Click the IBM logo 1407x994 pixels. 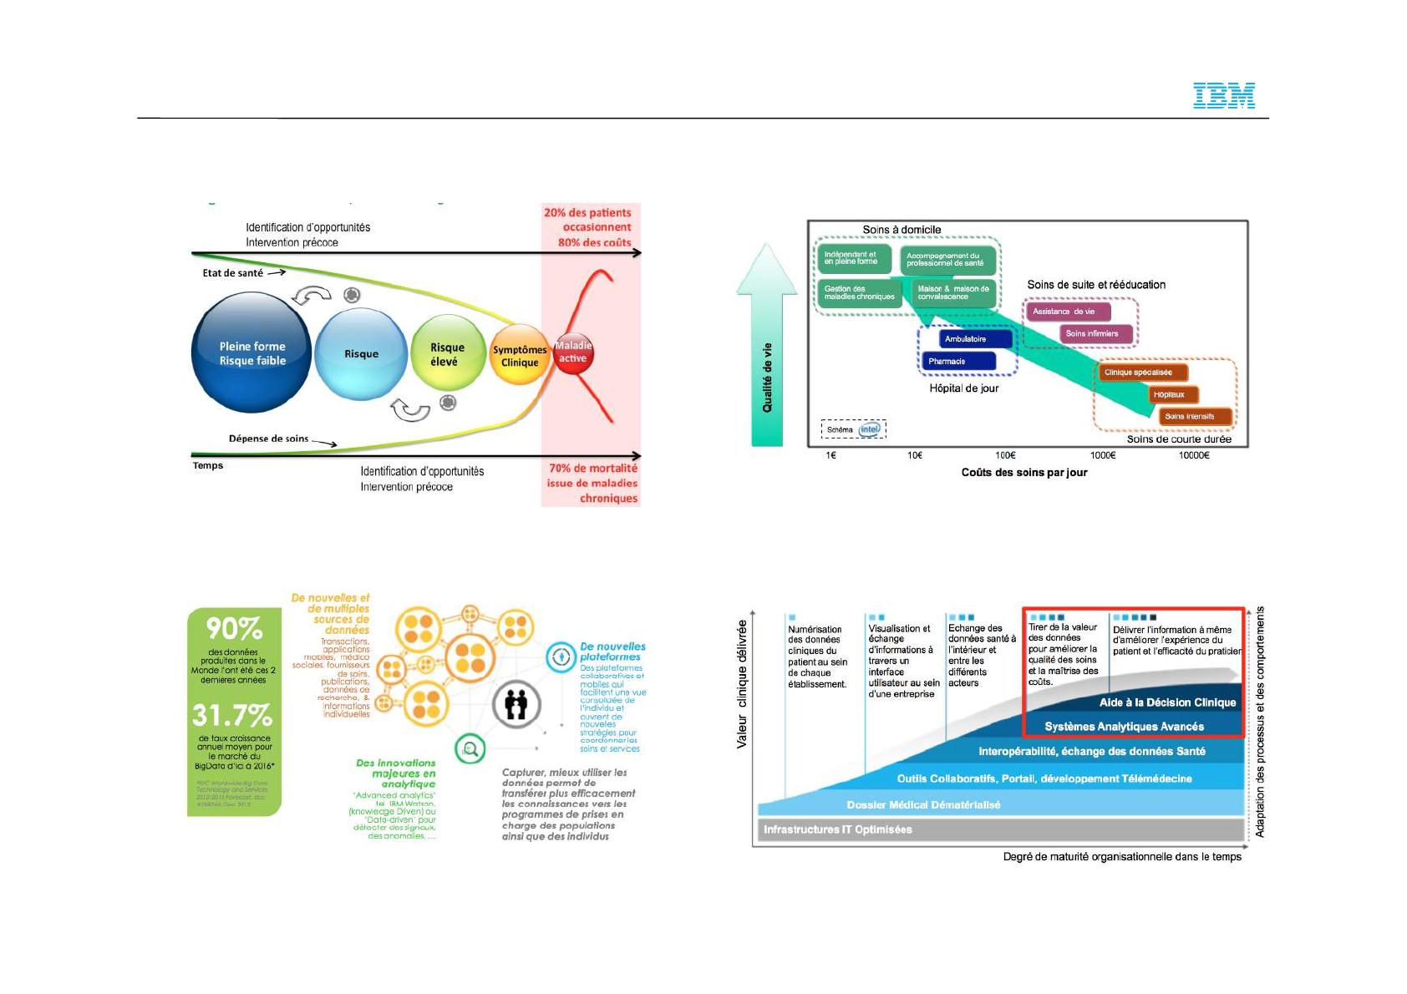click(x=1224, y=95)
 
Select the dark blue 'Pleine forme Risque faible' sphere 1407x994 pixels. click(x=251, y=352)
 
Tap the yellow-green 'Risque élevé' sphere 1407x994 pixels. click(x=447, y=354)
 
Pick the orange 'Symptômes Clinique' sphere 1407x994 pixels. click(x=519, y=356)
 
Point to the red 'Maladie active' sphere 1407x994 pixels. click(x=573, y=352)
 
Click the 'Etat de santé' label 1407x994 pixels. click(x=232, y=273)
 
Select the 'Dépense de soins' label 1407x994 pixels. click(x=268, y=439)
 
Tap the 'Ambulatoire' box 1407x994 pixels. click(x=965, y=339)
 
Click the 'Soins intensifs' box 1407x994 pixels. click(x=1189, y=416)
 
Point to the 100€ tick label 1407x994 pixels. click(x=1005, y=455)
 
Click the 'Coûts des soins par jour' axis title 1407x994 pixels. click(x=1024, y=473)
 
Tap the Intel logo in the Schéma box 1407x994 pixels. click(x=870, y=429)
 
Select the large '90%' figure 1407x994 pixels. click(x=234, y=628)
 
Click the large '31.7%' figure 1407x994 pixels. click(x=232, y=716)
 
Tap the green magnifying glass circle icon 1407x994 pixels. click(x=470, y=748)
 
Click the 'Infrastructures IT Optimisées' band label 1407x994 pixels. click(x=837, y=829)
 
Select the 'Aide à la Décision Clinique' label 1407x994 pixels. click(x=1166, y=702)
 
